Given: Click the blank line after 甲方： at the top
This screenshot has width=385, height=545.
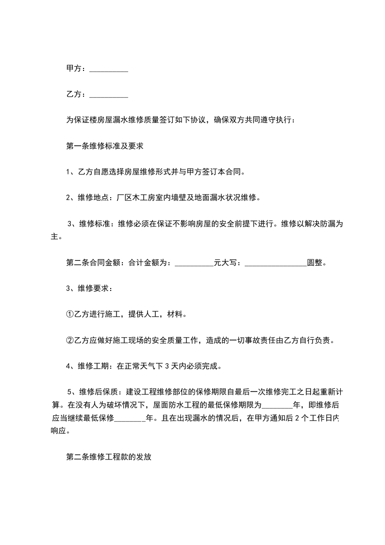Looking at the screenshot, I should point(109,69).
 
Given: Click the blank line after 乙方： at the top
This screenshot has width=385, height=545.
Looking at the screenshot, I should point(109,95).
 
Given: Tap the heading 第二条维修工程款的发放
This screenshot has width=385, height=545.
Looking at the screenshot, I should point(109,457).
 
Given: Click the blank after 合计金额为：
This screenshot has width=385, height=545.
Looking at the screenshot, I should point(194,263).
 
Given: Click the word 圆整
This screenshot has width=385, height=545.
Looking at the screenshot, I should point(315,263).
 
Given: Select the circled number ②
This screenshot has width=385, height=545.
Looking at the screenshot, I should point(69,340).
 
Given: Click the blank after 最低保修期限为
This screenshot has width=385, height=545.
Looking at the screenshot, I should point(277,405).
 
